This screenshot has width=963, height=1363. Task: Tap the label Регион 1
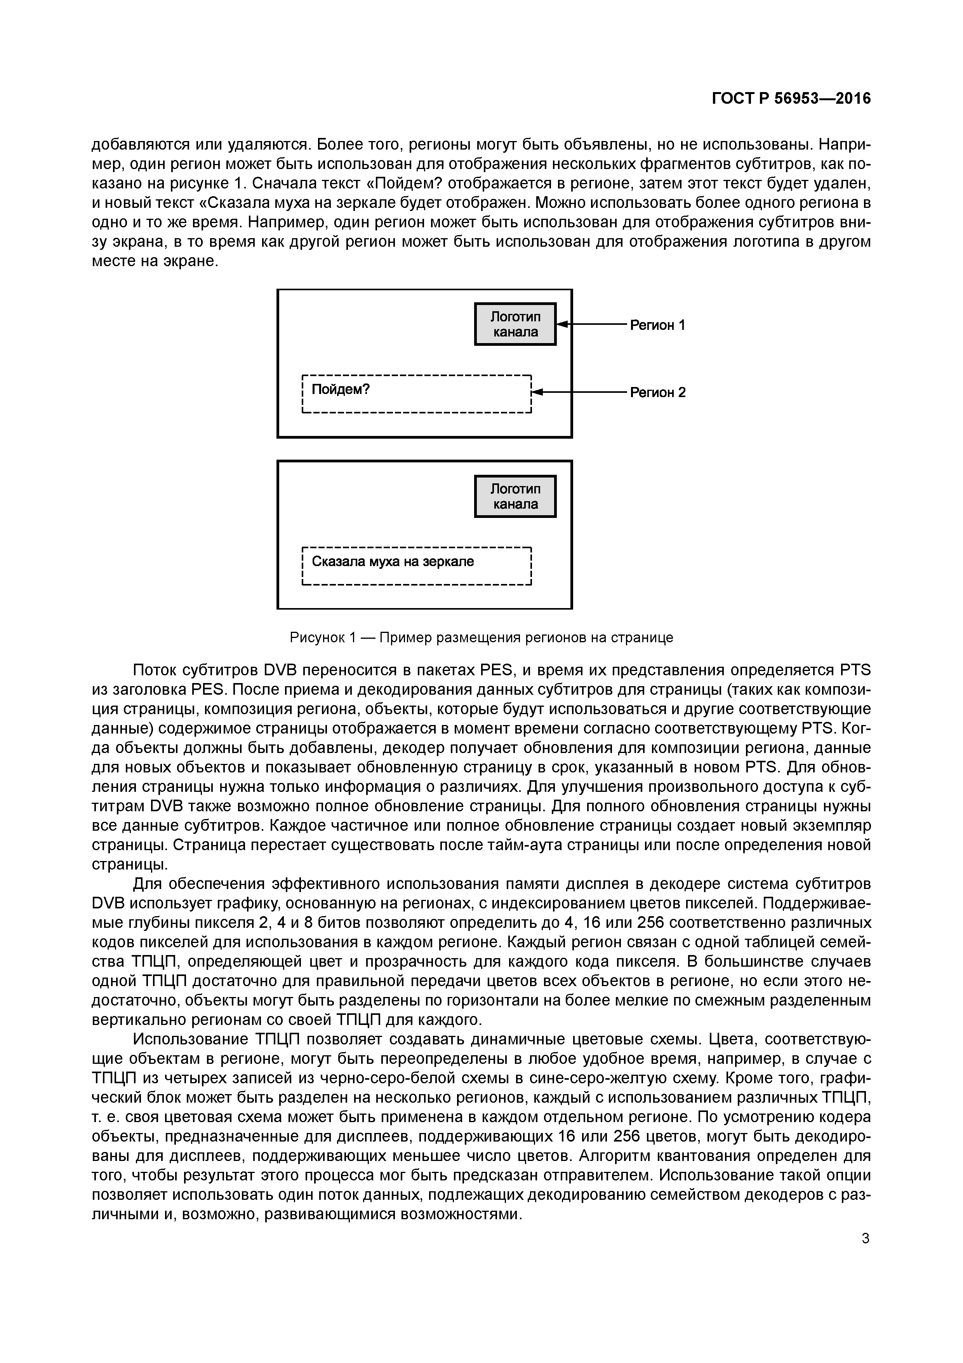(x=657, y=325)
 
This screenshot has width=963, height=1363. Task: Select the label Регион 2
(x=657, y=392)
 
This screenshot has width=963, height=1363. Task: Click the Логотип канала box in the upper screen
(x=515, y=324)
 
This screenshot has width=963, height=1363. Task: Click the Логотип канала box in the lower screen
(x=515, y=496)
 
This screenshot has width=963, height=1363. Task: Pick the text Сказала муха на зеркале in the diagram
(x=393, y=561)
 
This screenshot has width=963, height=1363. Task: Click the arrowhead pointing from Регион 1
(x=563, y=324)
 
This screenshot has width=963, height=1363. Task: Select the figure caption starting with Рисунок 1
(x=481, y=638)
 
